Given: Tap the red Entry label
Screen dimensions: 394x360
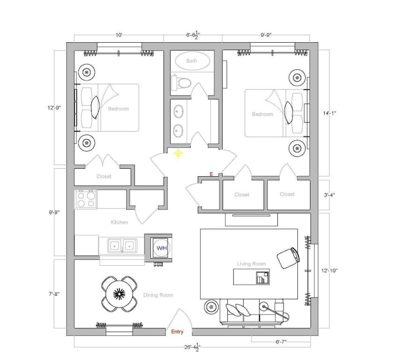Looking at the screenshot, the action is tap(177, 331).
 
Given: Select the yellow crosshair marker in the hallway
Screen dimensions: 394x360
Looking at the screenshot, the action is tap(178, 153).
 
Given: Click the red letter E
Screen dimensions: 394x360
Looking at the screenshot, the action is tap(211, 174).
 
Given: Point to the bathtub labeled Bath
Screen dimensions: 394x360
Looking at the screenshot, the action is tap(193, 61).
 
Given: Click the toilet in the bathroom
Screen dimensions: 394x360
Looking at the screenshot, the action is tap(181, 82).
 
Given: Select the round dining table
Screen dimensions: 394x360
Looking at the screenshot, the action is tap(119, 293).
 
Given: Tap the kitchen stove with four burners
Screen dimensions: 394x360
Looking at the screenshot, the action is tap(86, 199).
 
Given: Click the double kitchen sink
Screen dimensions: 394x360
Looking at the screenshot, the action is tap(122, 245).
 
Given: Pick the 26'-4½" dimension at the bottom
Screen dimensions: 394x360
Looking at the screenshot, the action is tap(193, 347).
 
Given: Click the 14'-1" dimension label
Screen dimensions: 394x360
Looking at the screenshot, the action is tap(329, 113).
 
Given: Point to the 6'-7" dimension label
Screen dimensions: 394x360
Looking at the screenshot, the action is tap(281, 342).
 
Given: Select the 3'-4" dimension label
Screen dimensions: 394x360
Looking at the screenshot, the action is tap(329, 195).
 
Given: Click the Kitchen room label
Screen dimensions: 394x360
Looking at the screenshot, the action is tap(119, 222).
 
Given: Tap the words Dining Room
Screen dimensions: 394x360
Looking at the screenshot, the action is tap(158, 295).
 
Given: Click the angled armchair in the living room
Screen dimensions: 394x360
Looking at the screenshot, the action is tap(289, 258).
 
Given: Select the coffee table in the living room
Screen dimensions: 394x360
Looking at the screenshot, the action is tap(252, 277).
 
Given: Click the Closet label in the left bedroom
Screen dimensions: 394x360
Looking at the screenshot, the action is tap(104, 176).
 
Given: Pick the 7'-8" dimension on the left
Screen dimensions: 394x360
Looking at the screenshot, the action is tap(54, 293).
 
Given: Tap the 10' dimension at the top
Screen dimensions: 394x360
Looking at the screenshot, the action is tap(119, 35).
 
